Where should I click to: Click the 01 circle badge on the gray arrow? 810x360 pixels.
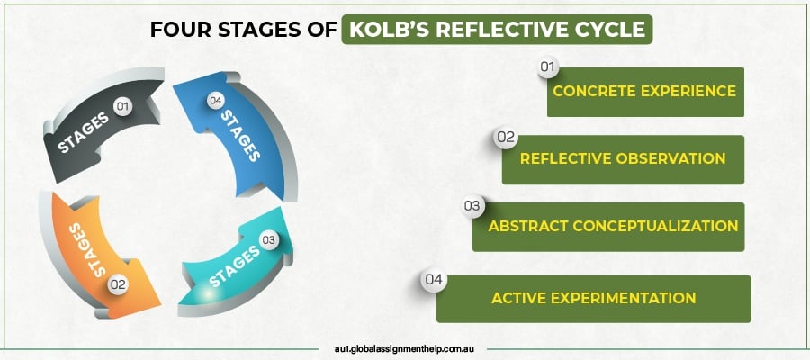click(x=123, y=107)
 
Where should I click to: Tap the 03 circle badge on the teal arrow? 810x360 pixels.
click(x=267, y=239)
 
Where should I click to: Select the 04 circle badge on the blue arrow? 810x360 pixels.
click(x=214, y=101)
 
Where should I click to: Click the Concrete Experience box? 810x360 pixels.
click(x=644, y=91)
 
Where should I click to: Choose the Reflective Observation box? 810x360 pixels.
click(x=623, y=159)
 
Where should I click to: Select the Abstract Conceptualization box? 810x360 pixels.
click(x=608, y=226)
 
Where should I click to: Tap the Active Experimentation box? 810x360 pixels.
click(x=593, y=298)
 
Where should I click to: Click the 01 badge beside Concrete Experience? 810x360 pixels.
click(x=548, y=67)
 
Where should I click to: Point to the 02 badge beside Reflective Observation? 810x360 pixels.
click(x=505, y=138)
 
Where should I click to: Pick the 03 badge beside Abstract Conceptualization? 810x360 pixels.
click(x=472, y=206)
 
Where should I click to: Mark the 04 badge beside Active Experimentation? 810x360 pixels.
click(x=435, y=279)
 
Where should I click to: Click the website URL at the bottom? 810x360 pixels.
click(x=405, y=345)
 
